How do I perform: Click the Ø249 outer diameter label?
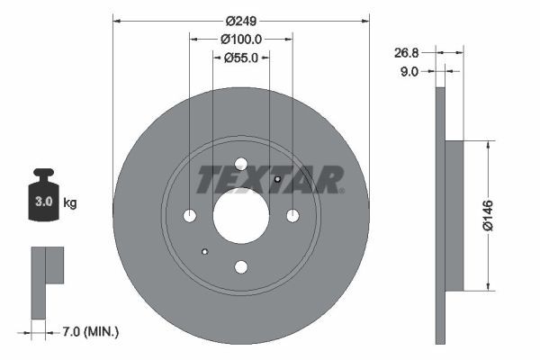click(241, 21)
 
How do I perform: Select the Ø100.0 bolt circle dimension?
click(240, 39)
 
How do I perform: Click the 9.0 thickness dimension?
click(409, 71)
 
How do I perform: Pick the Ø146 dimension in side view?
click(487, 215)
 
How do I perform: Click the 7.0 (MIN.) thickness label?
click(89, 332)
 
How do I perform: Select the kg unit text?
click(69, 202)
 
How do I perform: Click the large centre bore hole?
click(240, 215)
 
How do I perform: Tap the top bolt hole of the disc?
click(240, 164)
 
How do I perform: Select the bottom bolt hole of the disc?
click(240, 266)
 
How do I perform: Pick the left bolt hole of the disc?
click(189, 215)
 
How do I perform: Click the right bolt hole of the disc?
click(292, 215)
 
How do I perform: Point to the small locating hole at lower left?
click(205, 251)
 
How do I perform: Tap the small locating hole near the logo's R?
click(277, 179)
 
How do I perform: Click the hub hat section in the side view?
click(454, 215)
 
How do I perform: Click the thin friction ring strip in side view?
click(440, 215)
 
